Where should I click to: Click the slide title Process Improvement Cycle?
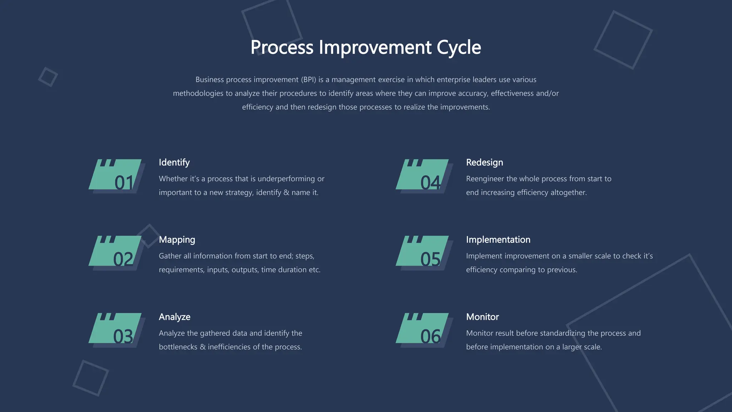coord(366,47)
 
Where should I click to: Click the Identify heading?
coord(174,162)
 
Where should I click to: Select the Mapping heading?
coord(177,240)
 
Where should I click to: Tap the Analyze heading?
coord(174,317)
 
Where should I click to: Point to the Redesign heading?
coord(484,162)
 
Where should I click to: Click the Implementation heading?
coord(498,240)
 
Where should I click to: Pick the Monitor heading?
coord(482,317)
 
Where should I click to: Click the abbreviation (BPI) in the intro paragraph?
coord(308,80)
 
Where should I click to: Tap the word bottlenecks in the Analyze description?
coord(178,347)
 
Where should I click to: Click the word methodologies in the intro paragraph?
coord(198,93)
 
